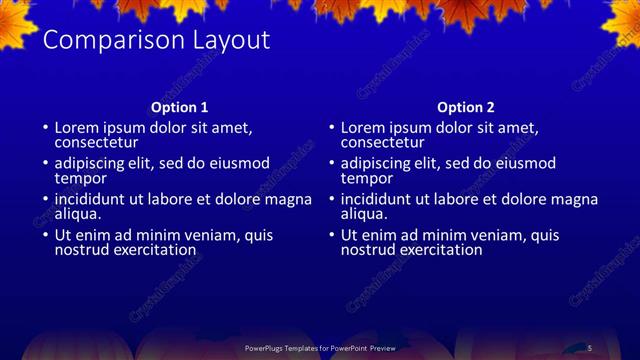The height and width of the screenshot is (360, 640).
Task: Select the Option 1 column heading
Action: pos(180,107)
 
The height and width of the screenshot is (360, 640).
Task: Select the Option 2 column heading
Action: pos(466,107)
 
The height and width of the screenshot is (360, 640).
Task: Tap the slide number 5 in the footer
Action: pos(590,347)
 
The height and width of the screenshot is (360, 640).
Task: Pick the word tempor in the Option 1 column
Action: pos(80,178)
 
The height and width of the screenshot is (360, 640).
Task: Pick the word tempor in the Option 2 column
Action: pos(366,178)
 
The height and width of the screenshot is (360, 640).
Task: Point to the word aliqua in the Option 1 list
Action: pos(78,213)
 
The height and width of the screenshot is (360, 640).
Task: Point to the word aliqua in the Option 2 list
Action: pos(364,213)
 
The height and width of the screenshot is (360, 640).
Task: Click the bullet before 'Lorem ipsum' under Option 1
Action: pos(45,128)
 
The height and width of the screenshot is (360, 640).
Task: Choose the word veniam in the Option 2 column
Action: pos(490,235)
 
